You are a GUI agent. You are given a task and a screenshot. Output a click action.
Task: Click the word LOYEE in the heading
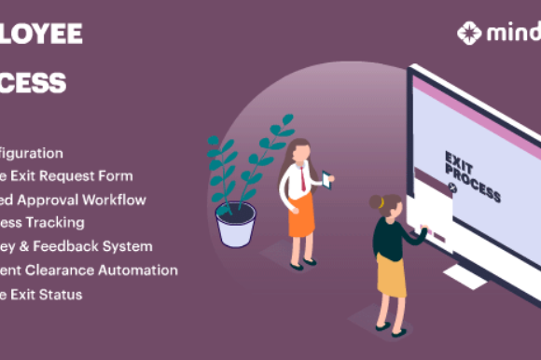click(41, 35)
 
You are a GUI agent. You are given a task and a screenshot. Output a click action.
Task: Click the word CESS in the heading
click(34, 83)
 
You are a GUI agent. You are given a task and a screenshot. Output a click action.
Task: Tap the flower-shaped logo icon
click(469, 34)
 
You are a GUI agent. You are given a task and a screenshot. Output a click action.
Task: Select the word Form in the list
click(116, 175)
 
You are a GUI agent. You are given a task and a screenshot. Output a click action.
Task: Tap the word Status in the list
click(62, 295)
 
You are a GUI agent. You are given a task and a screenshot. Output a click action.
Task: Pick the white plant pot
click(235, 225)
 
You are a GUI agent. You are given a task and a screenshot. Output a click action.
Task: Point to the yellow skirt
click(391, 276)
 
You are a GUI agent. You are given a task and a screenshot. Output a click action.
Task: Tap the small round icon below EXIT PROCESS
click(452, 187)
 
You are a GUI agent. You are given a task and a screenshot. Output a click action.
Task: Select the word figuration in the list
click(32, 152)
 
